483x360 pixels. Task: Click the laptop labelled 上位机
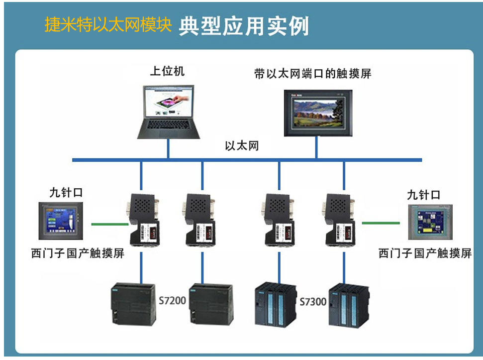tap(169, 112)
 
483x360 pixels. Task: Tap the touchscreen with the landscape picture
tap(317, 113)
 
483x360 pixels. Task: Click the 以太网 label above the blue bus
tap(242, 146)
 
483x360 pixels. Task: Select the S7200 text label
tap(172, 300)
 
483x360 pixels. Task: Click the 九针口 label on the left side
tap(66, 193)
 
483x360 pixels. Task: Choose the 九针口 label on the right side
tap(423, 195)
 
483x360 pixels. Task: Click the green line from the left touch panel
tap(110, 224)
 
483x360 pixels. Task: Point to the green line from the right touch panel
tap(381, 223)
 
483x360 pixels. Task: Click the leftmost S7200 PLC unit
tap(132, 304)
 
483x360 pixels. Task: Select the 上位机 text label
tap(167, 71)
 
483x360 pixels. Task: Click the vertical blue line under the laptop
tap(168, 149)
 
